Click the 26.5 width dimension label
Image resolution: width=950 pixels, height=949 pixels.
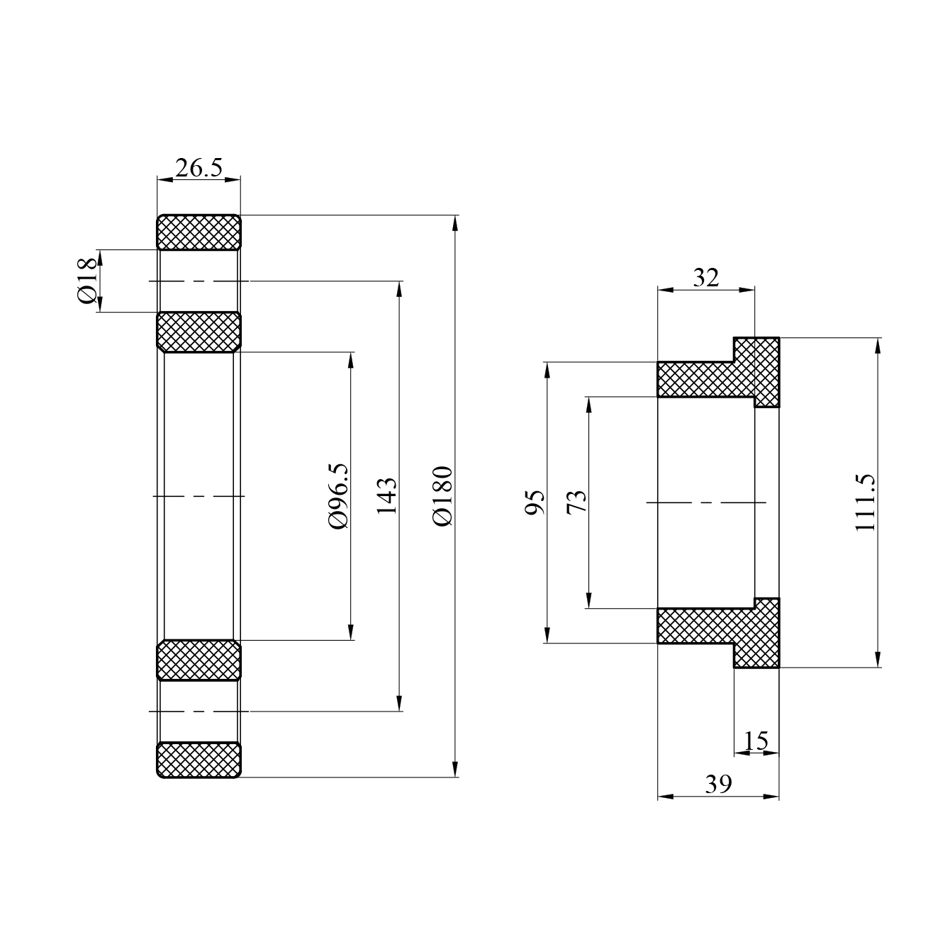point(199,168)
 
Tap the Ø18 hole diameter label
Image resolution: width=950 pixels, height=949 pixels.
point(88,281)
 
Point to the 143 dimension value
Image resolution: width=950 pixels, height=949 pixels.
point(387,495)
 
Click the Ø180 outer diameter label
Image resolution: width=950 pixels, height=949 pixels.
point(442,495)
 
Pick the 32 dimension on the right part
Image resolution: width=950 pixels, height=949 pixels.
point(705,277)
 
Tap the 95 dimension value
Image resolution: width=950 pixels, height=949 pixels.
point(535,502)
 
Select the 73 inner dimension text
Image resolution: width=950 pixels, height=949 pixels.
point(577,502)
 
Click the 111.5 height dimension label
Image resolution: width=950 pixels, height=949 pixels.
point(866,502)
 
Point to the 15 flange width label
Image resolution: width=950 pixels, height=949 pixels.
point(756,741)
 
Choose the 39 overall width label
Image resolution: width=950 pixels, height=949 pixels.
point(718,784)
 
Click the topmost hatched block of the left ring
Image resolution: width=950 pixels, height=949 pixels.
point(199,232)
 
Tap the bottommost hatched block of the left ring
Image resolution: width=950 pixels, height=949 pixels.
point(199,760)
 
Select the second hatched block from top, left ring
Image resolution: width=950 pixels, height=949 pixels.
point(199,332)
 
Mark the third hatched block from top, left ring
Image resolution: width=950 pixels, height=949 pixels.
point(199,660)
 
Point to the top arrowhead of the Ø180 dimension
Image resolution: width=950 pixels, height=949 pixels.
point(455,222)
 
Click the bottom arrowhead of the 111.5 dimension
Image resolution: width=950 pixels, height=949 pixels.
point(878,660)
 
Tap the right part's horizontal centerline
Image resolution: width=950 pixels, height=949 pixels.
point(707,502)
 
